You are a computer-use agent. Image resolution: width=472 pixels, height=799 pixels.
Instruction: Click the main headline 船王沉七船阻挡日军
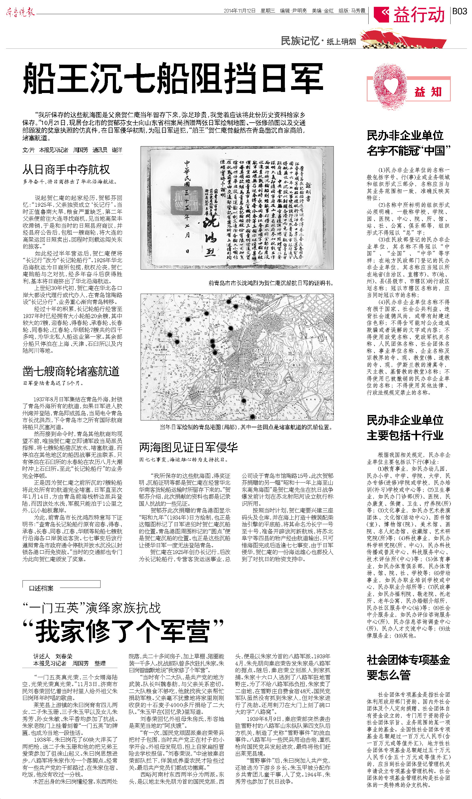tap(173, 78)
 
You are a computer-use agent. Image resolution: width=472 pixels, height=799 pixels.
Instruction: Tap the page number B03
tap(460, 12)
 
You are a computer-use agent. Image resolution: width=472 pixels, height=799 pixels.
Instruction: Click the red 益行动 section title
tap(419, 15)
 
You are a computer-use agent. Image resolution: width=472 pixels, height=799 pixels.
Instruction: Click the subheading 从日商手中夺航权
tap(66, 169)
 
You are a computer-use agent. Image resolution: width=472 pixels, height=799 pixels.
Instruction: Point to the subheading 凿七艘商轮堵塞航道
tap(71, 371)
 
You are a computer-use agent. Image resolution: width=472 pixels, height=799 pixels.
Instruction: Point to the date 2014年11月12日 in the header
tap(240, 11)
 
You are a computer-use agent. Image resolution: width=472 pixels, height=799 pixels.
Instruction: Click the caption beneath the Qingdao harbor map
tap(246, 427)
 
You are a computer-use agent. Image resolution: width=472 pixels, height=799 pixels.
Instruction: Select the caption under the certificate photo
tap(271, 283)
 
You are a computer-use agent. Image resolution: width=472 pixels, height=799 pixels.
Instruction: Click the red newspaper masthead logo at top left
tap(20, 12)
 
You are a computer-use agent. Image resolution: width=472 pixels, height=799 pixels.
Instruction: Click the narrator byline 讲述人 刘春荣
tap(53, 656)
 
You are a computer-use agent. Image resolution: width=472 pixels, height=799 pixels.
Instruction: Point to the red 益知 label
tap(428, 92)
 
